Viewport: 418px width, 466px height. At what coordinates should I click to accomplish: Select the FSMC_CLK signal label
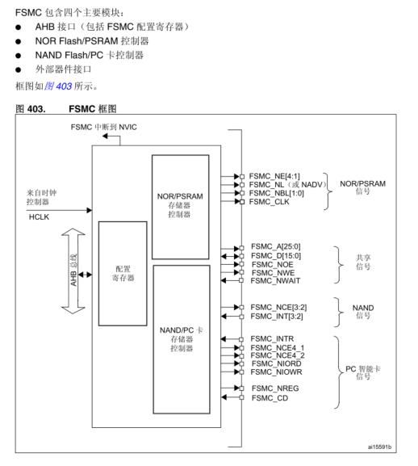(270, 202)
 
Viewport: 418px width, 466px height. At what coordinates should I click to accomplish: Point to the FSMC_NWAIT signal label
(275, 281)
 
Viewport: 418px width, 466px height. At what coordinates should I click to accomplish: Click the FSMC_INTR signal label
(272, 338)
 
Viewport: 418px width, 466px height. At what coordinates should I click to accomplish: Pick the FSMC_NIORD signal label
(275, 364)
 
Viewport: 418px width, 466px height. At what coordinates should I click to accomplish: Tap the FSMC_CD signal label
(269, 397)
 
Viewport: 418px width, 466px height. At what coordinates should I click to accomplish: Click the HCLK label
(39, 217)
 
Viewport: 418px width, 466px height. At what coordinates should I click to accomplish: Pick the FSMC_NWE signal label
(271, 273)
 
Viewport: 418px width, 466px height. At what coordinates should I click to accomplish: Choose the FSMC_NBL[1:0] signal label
(277, 193)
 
